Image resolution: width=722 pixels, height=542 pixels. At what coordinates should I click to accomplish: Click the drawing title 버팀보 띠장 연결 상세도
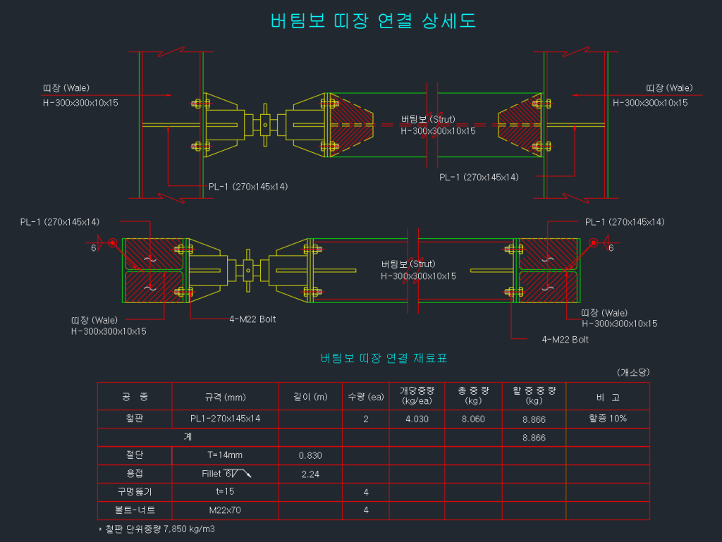[x=373, y=21]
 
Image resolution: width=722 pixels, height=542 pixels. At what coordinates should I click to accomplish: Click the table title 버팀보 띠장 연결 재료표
[x=384, y=358]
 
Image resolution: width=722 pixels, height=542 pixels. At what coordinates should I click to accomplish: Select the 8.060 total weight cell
[x=472, y=419]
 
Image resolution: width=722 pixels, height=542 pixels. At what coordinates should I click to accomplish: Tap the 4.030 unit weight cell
[x=415, y=419]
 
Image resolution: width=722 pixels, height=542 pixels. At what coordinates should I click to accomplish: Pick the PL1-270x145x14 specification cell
[x=225, y=419]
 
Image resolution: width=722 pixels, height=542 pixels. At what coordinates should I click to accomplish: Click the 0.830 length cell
[x=310, y=455]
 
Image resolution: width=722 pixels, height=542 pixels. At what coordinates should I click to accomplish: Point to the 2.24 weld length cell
[x=310, y=474]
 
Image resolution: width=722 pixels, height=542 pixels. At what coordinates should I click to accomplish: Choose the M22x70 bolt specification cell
[x=225, y=510]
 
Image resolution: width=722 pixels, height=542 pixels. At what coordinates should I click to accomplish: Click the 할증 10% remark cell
[x=608, y=419]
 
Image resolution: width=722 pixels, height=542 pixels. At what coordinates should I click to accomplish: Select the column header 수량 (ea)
[x=365, y=397]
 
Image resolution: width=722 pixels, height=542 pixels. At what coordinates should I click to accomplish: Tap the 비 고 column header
[x=608, y=397]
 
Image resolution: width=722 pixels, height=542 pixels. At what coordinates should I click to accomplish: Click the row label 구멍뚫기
[x=134, y=492]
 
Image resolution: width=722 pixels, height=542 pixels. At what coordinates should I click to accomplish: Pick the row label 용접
[x=134, y=474]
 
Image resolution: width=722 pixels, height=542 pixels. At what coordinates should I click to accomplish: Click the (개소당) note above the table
[x=632, y=372]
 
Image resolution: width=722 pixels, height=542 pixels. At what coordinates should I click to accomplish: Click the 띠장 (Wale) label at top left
[x=66, y=88]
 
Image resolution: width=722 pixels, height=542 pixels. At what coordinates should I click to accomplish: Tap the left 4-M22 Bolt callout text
[x=252, y=319]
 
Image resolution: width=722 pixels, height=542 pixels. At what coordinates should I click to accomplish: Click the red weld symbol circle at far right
[x=594, y=243]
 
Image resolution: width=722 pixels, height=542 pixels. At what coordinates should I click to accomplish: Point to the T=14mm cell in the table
[x=225, y=455]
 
